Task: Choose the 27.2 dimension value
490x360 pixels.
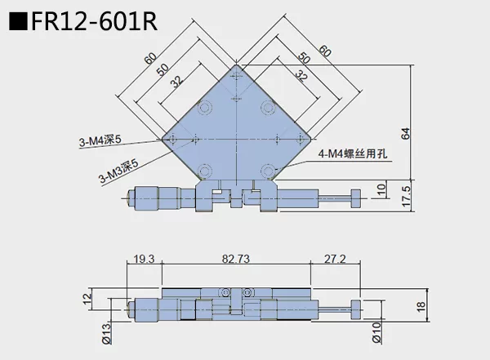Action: click(335, 259)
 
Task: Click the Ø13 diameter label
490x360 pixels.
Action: click(105, 332)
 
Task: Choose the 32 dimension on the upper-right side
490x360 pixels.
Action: click(301, 77)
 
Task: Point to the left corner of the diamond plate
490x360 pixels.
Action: click(162, 138)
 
